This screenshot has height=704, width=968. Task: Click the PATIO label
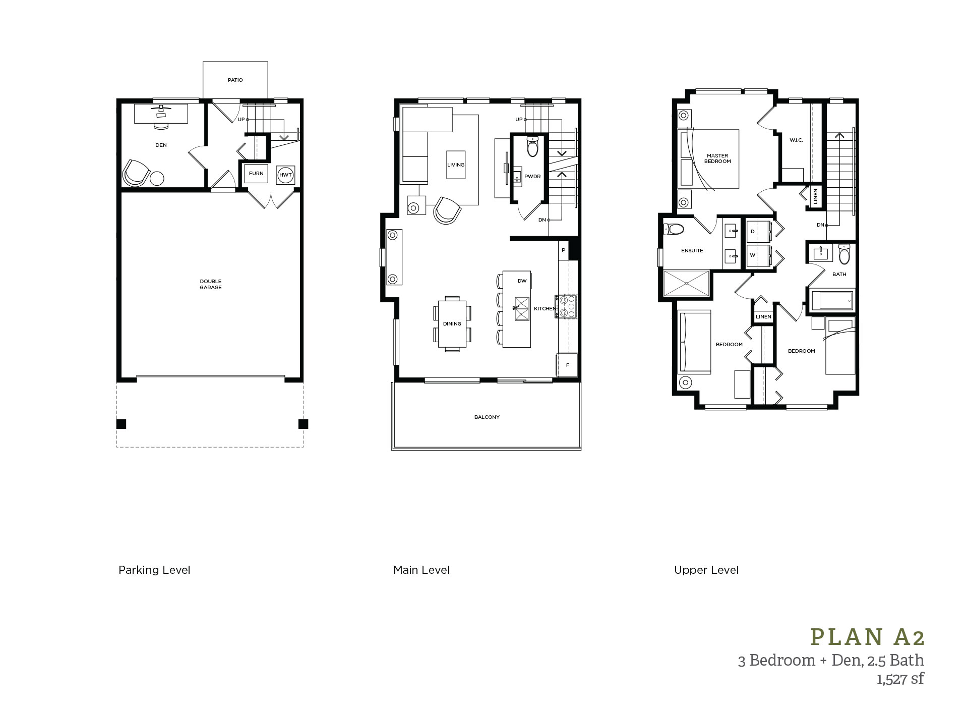pos(235,80)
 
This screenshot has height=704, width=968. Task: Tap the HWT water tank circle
pos(285,175)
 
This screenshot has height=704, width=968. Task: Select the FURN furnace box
pos(256,173)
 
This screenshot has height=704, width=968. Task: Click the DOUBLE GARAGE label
pos(211,284)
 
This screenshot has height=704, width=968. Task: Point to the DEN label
pos(161,145)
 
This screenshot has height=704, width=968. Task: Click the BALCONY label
pos(487,417)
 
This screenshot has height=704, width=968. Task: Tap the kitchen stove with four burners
pos(566,306)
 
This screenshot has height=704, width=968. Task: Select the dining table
pos(452,323)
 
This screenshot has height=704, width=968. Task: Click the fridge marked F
pos(567,365)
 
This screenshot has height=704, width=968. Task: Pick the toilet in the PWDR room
pos(532,146)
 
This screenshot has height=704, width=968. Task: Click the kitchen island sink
pos(521,308)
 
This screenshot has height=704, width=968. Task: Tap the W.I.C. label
pos(796,140)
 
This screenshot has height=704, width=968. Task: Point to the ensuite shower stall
pos(687,285)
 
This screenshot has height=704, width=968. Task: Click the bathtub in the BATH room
pos(832,301)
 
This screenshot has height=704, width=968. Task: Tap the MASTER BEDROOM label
pos(717,158)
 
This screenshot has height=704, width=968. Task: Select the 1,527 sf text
pos(900,679)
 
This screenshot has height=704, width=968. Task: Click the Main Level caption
pos(421,570)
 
